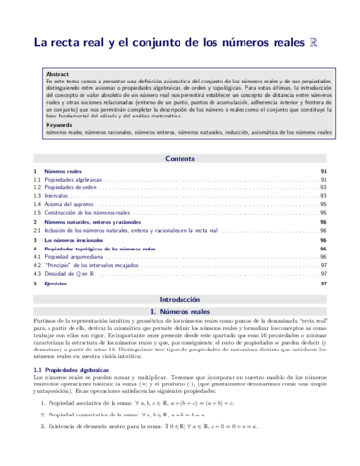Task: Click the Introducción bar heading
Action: point(180,302)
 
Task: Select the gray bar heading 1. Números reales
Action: point(180,315)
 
